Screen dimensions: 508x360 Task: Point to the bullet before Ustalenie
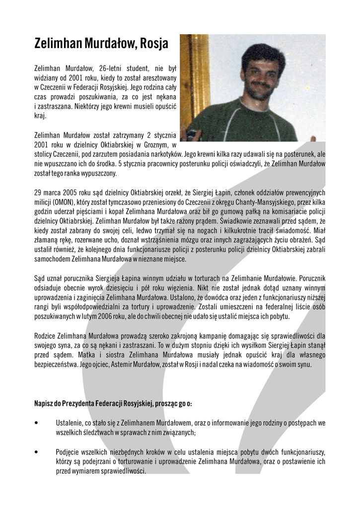pos(37,423)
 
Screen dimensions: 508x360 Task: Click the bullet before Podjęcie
pos(37,452)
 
